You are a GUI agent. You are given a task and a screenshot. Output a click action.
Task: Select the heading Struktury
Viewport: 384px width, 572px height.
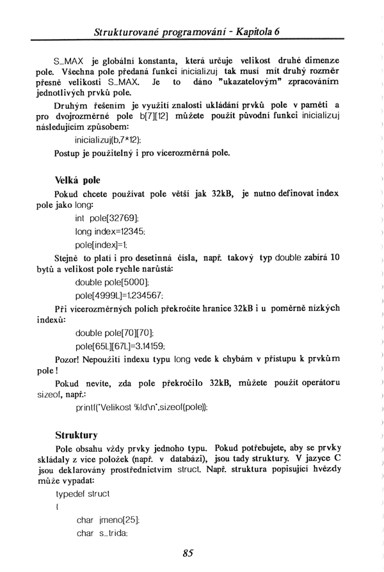tap(76, 435)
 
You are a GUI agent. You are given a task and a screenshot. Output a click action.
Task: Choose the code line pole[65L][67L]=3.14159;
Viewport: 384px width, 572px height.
tap(120, 346)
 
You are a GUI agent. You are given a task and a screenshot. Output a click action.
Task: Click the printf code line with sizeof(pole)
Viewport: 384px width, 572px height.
tap(141, 407)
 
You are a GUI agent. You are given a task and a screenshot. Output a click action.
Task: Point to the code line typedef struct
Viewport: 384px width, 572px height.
tap(83, 494)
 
